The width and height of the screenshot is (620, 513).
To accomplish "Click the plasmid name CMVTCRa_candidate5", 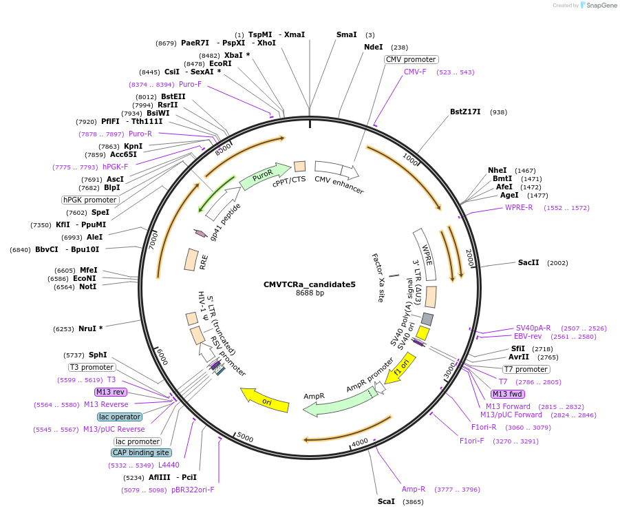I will tap(309, 284).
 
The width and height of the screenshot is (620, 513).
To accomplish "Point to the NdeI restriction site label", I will tap(373, 48).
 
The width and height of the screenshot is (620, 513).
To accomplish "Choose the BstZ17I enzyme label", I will tap(465, 112).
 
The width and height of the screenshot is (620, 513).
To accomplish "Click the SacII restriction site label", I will tap(528, 263).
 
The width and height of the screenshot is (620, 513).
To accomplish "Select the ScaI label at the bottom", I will tap(386, 501).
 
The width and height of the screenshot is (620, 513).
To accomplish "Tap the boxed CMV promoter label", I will tap(411, 59).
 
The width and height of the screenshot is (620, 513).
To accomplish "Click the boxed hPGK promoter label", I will tap(89, 200).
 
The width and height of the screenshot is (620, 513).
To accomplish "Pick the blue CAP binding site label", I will tap(141, 453).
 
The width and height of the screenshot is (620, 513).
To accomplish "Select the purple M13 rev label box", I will tap(111, 392).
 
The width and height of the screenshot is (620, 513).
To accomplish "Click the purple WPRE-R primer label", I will tap(519, 207).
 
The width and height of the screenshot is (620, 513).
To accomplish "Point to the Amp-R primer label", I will tap(414, 489).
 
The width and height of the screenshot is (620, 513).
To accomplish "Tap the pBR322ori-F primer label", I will tap(193, 490).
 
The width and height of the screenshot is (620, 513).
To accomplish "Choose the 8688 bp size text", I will tap(310, 293).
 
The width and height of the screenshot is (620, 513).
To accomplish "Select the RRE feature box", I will tap(191, 260).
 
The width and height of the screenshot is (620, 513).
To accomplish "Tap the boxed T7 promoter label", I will tap(526, 369).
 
